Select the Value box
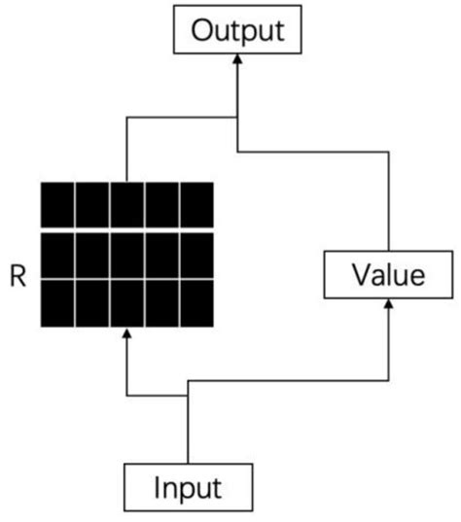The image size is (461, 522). pos(388,275)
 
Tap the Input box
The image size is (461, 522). pos(190,486)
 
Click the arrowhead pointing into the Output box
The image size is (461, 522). pos(238,61)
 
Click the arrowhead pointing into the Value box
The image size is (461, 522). pos(388,306)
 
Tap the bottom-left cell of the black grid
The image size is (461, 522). pos(57,302)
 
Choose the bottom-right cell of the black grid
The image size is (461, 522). pos(196,302)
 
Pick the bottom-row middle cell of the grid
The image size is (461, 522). pos(127,302)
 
